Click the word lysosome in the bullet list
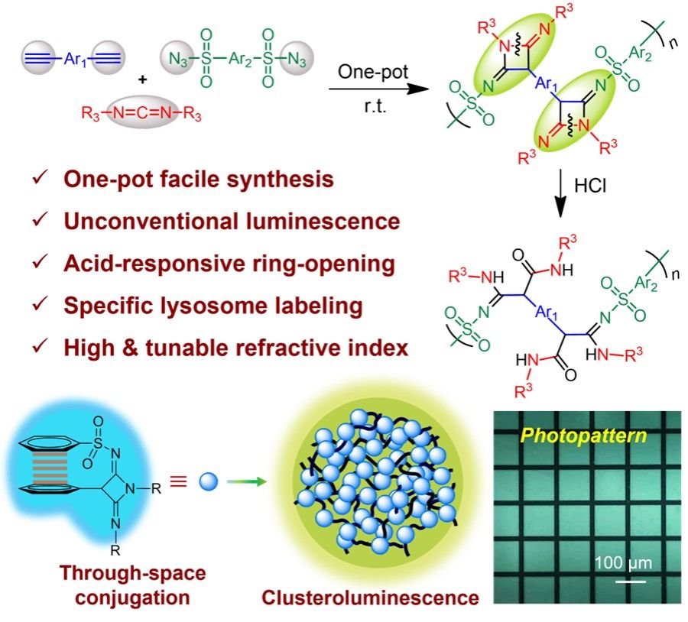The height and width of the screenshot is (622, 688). coord(206,306)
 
